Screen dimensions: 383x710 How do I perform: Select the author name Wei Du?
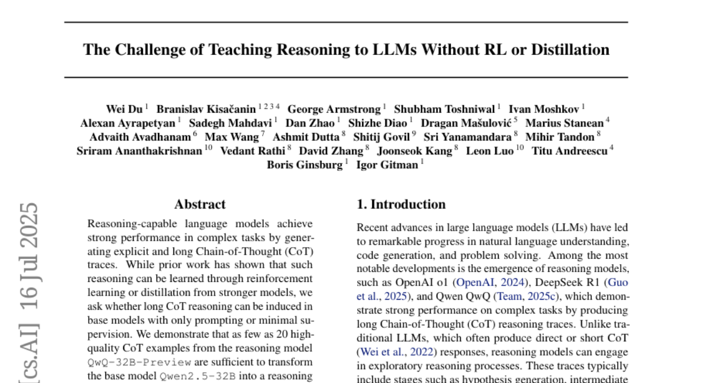click(x=124, y=109)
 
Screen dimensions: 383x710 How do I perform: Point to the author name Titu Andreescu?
click(x=570, y=151)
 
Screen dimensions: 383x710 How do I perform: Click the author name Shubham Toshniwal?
click(x=444, y=109)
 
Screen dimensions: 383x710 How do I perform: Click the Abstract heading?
click(x=200, y=205)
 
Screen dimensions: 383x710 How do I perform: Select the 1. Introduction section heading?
click(x=401, y=205)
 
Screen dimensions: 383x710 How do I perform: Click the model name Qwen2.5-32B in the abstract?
click(x=198, y=376)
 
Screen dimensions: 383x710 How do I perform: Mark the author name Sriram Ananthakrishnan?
click(x=140, y=151)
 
